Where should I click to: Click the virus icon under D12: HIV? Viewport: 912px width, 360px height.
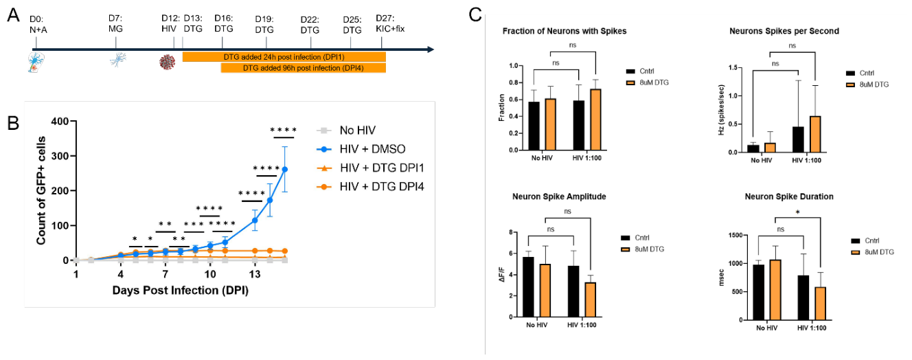tap(167, 63)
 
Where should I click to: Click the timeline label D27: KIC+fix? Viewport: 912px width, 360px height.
tap(390, 23)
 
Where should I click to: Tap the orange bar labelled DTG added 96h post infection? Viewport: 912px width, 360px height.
tap(304, 68)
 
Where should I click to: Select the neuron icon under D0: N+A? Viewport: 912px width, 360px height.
tap(36, 63)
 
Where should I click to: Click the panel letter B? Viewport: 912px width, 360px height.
tap(14, 122)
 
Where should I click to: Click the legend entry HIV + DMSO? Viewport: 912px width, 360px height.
tap(361, 149)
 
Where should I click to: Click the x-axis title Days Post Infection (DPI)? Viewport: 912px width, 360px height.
tap(181, 291)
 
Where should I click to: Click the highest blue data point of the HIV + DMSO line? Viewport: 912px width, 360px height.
tap(285, 169)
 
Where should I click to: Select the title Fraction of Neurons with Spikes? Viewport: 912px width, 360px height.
tap(565, 31)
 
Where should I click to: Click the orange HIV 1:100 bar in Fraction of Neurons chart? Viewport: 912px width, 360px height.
tap(595, 120)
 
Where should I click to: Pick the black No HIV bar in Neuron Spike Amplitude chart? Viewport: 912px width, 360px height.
tap(528, 287)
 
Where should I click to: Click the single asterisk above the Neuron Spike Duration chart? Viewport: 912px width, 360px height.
tap(797, 212)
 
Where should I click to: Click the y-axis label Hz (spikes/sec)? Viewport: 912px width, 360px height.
tap(722, 110)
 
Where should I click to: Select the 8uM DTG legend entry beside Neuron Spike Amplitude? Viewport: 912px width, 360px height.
tap(643, 249)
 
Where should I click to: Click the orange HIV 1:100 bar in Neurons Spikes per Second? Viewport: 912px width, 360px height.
tap(815, 135)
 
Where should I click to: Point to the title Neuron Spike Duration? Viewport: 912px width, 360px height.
tap(789, 196)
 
